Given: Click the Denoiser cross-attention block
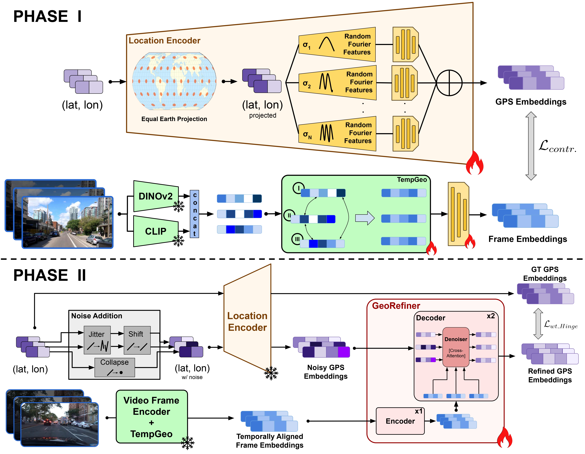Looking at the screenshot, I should (456, 347).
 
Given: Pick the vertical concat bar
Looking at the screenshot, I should (195, 214).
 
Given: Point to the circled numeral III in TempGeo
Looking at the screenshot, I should (297, 239).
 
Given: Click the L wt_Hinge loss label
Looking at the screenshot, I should (560, 325).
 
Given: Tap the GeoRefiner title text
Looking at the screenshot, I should (396, 306).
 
